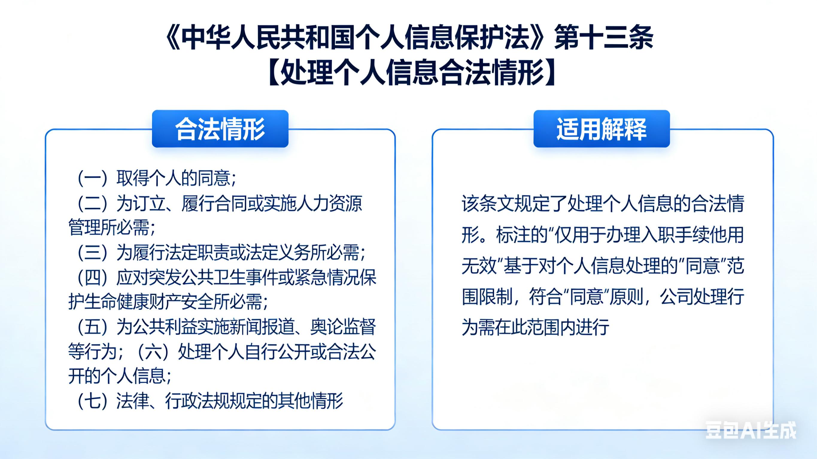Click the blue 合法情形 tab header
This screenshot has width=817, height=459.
click(x=220, y=129)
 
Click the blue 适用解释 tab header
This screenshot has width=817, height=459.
click(x=601, y=129)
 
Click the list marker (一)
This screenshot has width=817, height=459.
click(x=92, y=178)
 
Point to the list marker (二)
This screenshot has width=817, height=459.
click(x=92, y=203)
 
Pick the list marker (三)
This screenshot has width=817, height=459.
click(x=92, y=253)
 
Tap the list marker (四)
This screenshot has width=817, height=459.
click(x=92, y=278)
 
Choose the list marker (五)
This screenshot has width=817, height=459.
click(x=92, y=327)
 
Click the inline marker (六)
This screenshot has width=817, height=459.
click(x=154, y=352)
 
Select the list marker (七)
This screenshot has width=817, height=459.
click(x=92, y=401)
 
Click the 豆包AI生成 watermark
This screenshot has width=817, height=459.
click(x=750, y=431)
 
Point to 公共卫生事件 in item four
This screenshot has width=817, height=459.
click(x=229, y=278)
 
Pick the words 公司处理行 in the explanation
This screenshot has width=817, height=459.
click(x=702, y=297)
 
